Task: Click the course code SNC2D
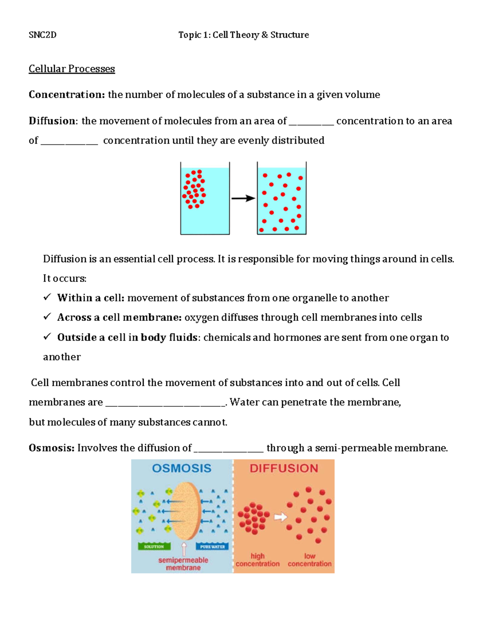coord(43,35)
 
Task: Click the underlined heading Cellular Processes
coord(72,69)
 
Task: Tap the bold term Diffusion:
coord(52,121)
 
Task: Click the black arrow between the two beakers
coord(243,198)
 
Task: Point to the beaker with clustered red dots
coord(205,198)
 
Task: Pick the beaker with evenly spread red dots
coord(282,198)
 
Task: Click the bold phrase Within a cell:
coord(91,298)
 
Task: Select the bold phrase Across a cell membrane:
coord(119,317)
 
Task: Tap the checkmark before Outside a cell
coord(47,337)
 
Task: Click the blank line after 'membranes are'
coord(165,403)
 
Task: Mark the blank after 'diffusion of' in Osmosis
coord(228,449)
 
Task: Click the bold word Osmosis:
coord(52,448)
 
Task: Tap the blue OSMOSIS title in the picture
coord(181,469)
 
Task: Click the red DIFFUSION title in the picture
coord(284,469)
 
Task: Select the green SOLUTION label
coord(154,546)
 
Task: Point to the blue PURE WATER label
coord(212,546)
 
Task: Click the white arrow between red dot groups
coord(280,517)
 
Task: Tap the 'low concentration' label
coord(310,560)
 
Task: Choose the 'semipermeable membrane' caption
coord(183,564)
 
